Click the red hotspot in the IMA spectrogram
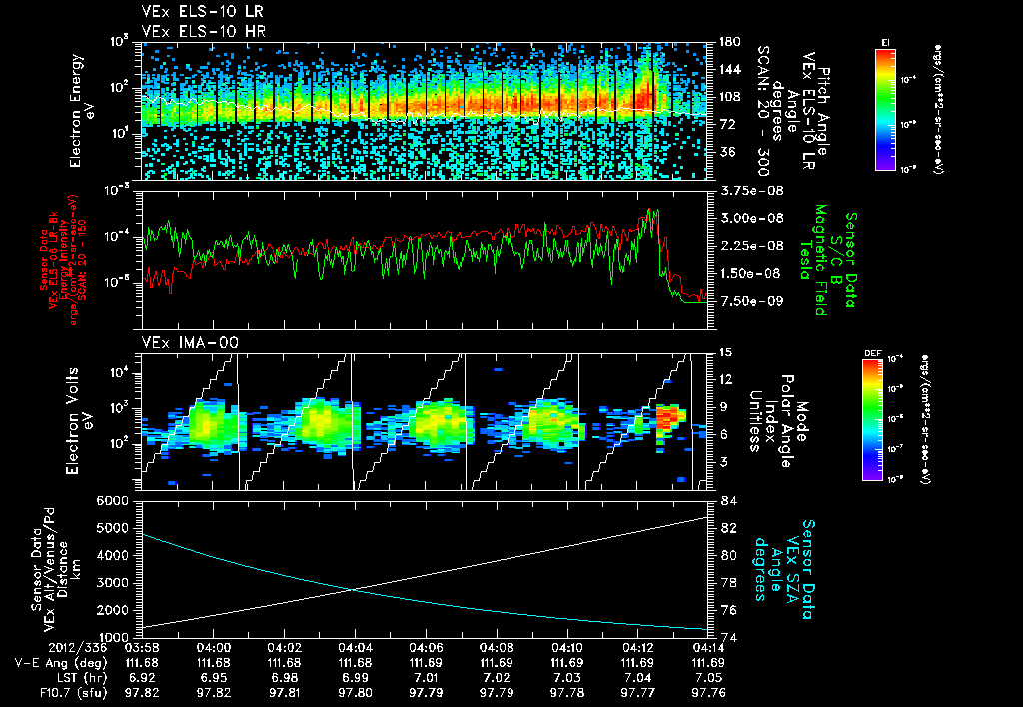coord(668,413)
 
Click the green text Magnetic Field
coord(819,259)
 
